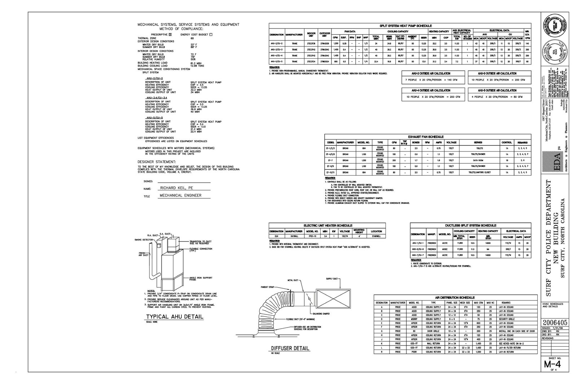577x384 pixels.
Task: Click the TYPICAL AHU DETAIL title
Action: click(175, 317)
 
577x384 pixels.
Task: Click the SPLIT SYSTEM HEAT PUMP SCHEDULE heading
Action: click(400, 26)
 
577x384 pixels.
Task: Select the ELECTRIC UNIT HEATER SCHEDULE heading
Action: click(328, 225)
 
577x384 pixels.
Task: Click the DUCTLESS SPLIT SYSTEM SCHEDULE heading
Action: click(471, 225)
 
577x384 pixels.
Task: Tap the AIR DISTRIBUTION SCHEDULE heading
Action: click(454, 298)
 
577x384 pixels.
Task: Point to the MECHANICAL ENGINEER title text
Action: click(180, 195)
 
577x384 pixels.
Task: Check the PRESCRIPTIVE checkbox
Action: click(171, 35)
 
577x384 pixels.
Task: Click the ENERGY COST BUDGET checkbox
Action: click(211, 35)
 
